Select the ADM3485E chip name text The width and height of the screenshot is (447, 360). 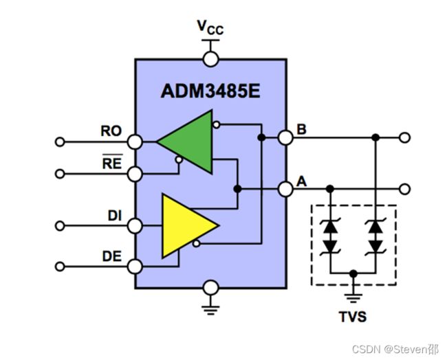pyautogui.click(x=210, y=91)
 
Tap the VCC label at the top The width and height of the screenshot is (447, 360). pyautogui.click(x=210, y=27)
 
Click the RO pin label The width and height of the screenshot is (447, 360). pyautogui.click(x=111, y=131)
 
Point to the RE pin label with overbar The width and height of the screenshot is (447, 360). pyautogui.click(x=112, y=161)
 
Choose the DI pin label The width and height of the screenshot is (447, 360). pyautogui.click(x=115, y=216)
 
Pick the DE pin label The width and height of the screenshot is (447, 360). pyautogui.click(x=112, y=256)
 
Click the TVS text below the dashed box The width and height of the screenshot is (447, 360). pyautogui.click(x=353, y=317)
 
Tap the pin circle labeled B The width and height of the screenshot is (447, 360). pyautogui.click(x=285, y=138)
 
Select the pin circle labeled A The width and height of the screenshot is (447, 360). pyautogui.click(x=285, y=189)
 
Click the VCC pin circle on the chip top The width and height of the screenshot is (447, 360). pyautogui.click(x=210, y=59)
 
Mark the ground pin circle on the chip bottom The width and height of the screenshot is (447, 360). pyautogui.click(x=211, y=287)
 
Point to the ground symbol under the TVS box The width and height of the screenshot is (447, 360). pyautogui.click(x=353, y=298)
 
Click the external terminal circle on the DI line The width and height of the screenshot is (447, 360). pyautogui.click(x=60, y=226)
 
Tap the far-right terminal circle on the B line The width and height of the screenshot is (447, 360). pyautogui.click(x=405, y=137)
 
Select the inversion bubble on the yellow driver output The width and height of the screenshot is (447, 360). pyautogui.click(x=196, y=243)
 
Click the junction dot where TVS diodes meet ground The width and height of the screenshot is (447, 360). pyautogui.click(x=353, y=273)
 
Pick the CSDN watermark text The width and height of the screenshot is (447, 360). pyautogui.click(x=395, y=349)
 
